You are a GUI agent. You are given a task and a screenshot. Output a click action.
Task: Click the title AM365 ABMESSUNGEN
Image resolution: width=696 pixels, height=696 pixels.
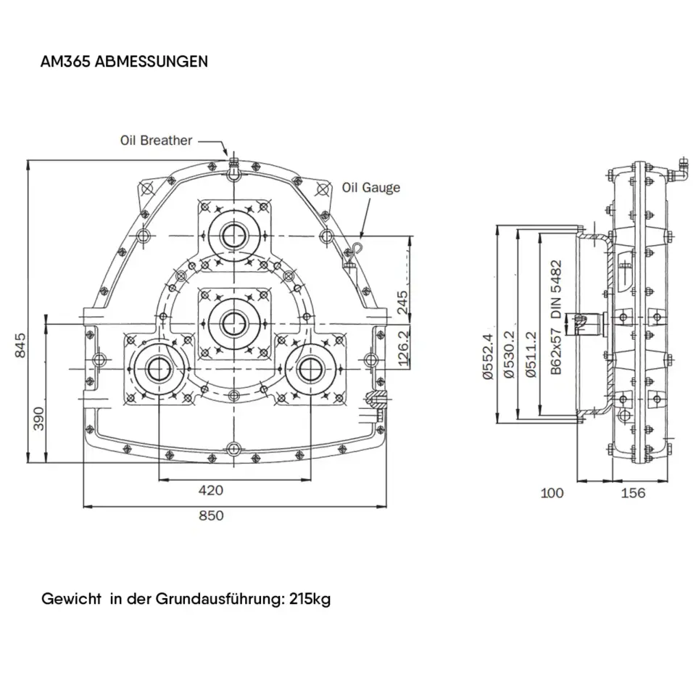click(125, 62)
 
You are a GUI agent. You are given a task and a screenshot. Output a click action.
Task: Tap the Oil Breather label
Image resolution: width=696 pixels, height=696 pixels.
click(157, 140)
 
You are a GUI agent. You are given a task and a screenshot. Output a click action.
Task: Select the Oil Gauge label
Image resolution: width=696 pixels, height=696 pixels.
click(370, 188)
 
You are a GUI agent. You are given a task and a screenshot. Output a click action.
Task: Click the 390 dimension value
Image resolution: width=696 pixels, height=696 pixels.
click(38, 419)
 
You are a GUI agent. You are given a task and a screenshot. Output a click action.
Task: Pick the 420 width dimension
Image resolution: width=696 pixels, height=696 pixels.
click(211, 491)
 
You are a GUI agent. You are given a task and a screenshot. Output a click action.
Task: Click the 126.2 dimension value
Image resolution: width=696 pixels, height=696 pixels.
click(404, 347)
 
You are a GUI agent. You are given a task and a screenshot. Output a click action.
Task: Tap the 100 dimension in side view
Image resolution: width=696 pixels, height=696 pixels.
click(552, 493)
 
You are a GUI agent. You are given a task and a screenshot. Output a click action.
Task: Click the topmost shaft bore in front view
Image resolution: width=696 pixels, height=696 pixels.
click(233, 235)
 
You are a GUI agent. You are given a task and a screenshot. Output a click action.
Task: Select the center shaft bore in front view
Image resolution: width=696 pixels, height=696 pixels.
click(233, 321)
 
